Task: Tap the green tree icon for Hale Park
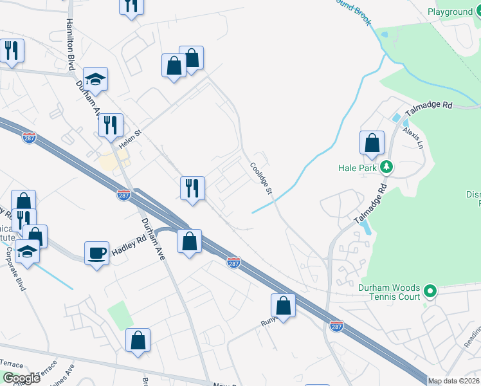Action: pos(386,167)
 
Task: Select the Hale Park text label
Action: pos(356,167)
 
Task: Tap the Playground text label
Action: pos(449,12)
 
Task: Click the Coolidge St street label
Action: pos(262,178)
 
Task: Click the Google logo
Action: pos(21,378)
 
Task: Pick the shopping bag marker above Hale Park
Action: pos(372,144)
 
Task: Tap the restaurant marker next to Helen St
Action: pos(111,127)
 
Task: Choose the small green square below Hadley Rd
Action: pos(120,315)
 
